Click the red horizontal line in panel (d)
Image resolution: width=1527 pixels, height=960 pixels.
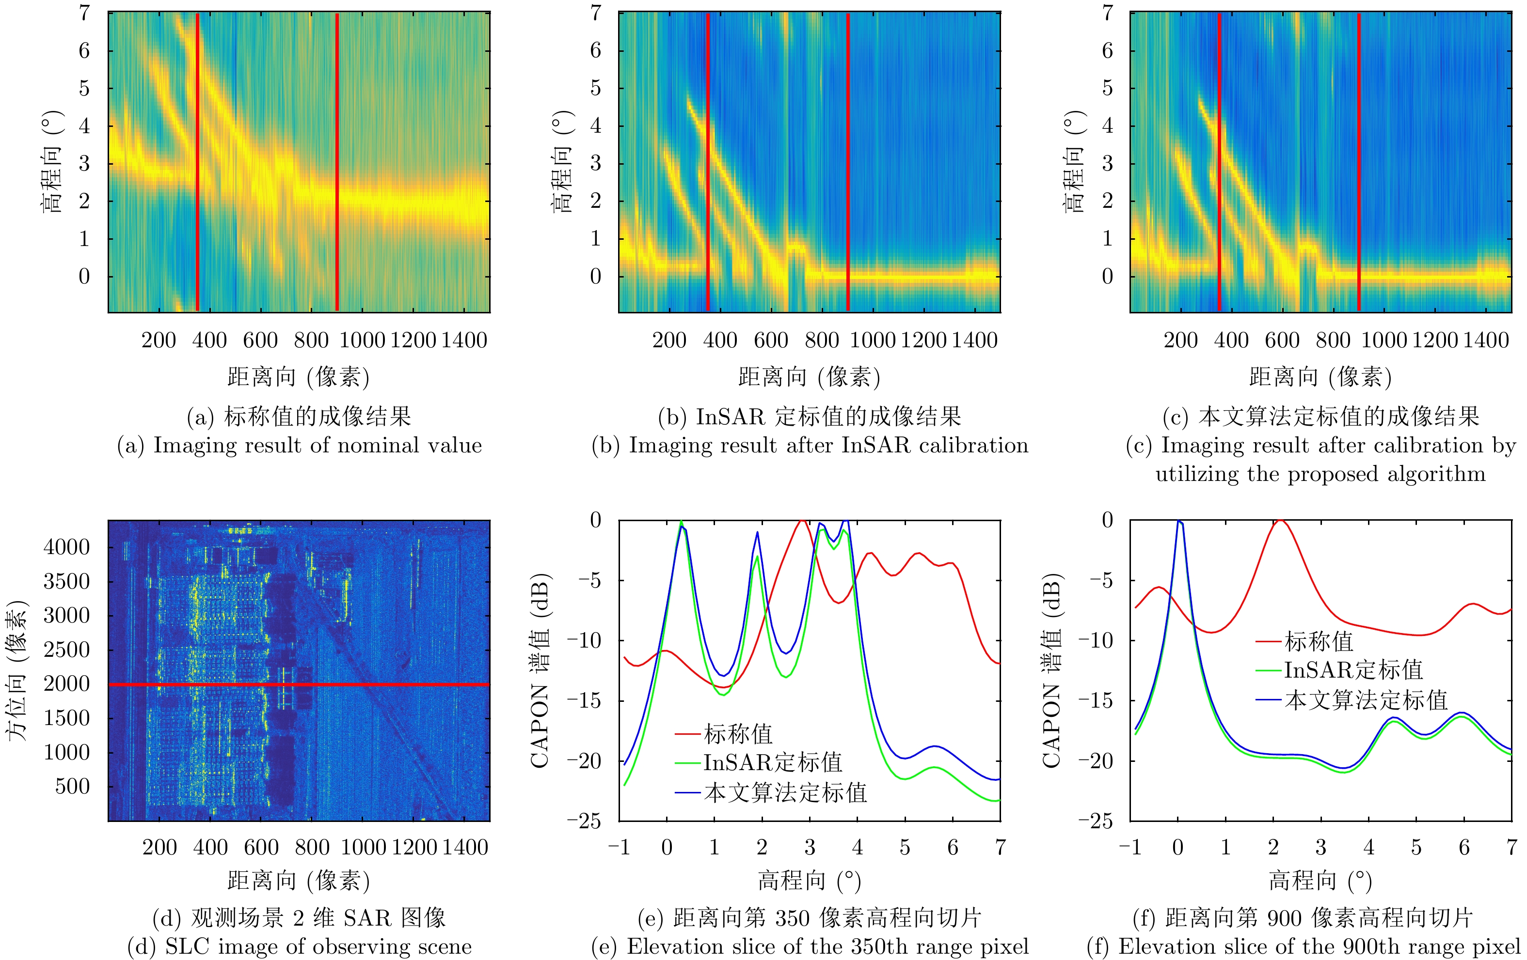(298, 684)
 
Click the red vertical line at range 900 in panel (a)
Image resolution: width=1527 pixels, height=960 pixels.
(337, 158)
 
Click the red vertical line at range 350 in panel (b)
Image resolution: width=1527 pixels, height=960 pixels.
(708, 158)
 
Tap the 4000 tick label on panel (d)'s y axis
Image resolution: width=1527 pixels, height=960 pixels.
(66, 547)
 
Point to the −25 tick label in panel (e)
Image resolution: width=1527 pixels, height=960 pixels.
(583, 821)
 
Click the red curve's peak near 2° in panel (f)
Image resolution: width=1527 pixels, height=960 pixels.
(1280, 520)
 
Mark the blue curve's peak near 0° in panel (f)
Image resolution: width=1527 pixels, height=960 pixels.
(1179, 522)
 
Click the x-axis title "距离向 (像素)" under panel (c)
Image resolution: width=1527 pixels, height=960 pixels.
(1320, 377)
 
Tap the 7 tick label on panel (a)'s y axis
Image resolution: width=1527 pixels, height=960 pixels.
(84, 13)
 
